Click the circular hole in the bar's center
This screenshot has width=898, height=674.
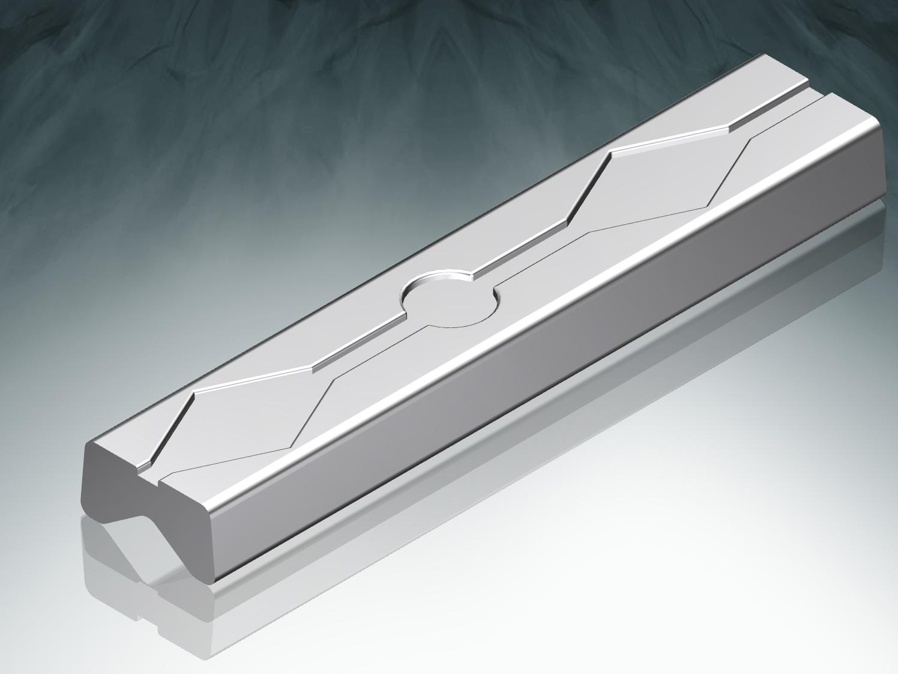point(449,302)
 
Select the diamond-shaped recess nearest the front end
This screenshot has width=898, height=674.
point(252,414)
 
